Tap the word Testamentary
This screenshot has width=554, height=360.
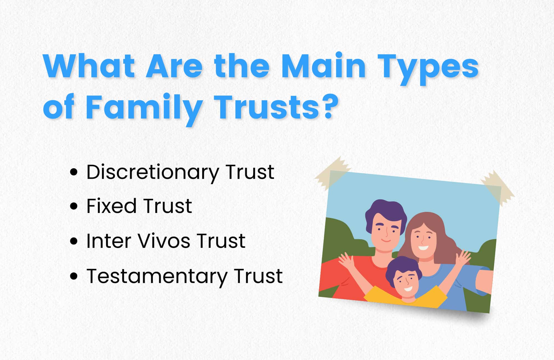(x=157, y=276)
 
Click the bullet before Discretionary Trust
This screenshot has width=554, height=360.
(x=74, y=172)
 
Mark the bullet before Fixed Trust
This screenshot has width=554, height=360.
(x=74, y=206)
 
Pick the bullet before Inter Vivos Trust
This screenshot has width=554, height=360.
(x=74, y=241)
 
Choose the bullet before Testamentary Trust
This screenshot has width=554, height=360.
(x=74, y=276)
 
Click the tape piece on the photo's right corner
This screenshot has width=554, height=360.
(x=497, y=188)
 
